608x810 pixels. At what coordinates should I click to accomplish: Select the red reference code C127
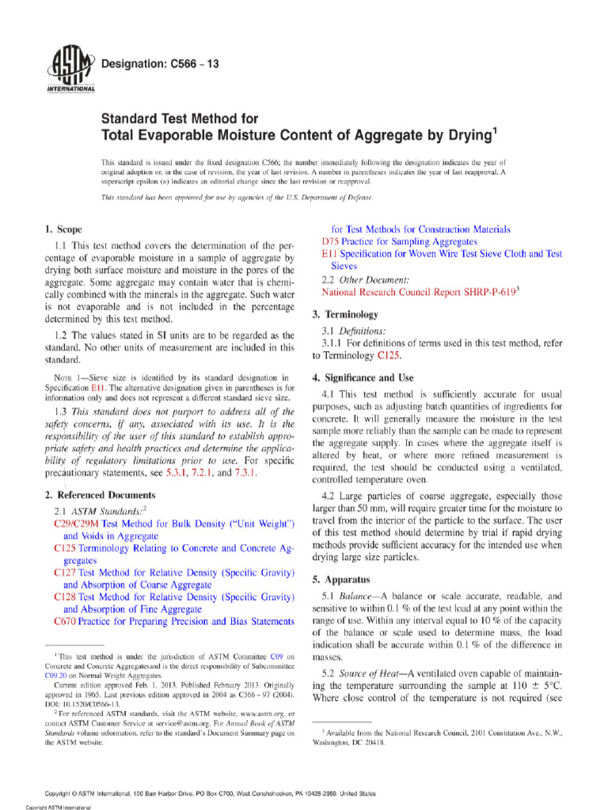click(66, 572)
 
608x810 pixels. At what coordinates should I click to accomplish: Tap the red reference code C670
click(66, 621)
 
